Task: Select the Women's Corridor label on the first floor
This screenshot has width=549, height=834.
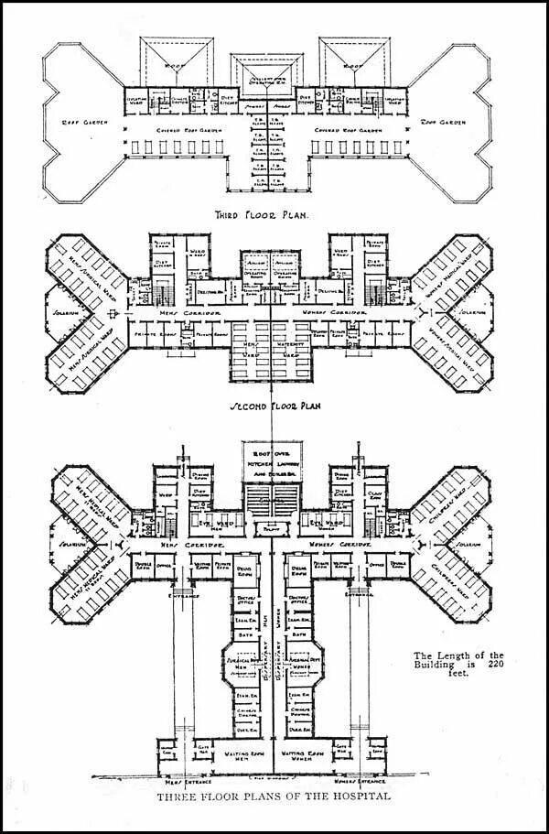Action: [346, 544]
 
